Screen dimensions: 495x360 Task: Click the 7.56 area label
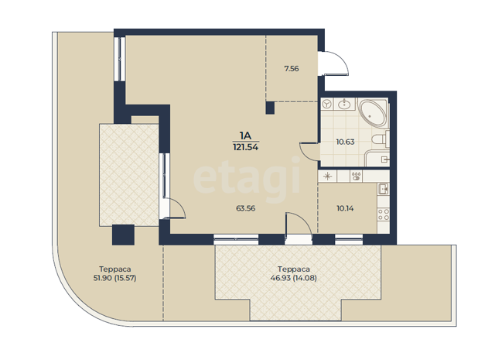292,69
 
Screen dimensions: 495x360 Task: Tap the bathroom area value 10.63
345,142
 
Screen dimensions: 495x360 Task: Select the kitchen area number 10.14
345,208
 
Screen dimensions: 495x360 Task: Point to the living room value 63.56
246,208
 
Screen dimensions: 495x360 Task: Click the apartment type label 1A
245,135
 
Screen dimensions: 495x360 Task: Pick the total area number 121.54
246,147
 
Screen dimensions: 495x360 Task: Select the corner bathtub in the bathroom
373,114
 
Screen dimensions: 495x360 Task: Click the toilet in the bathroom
380,139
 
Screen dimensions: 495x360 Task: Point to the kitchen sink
384,189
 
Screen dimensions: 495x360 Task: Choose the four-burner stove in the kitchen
384,214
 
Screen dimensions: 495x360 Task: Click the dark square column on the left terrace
124,235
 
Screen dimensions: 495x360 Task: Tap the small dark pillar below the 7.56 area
270,108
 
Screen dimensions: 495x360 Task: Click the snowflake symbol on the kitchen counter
327,176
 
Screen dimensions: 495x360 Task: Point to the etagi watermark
247,178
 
